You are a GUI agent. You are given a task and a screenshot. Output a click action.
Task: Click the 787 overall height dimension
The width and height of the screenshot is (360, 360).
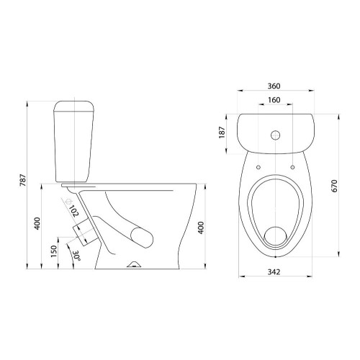(23, 180)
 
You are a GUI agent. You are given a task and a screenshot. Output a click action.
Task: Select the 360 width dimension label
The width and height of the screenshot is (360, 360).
(274, 86)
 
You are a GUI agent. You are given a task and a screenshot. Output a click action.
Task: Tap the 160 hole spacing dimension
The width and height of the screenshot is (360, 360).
(274, 99)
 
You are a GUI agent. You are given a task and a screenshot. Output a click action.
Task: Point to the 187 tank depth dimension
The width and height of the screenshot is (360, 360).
(222, 132)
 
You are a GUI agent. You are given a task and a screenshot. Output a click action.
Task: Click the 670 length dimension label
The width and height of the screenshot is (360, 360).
(334, 186)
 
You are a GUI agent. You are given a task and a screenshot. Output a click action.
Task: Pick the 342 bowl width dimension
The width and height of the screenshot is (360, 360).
(274, 272)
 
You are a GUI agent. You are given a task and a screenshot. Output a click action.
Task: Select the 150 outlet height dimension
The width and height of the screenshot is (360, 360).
(54, 251)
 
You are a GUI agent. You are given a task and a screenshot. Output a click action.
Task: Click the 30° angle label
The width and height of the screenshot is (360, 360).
(77, 256)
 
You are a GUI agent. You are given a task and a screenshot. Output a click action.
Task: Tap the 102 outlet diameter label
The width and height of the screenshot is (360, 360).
(74, 211)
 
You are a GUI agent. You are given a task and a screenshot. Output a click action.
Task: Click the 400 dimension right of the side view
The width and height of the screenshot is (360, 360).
(201, 228)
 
